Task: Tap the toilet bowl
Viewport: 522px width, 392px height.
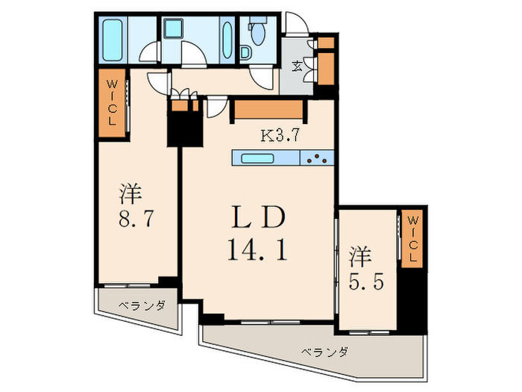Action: pyautogui.click(x=258, y=33)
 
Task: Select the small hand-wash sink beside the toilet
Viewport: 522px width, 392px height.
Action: pyautogui.click(x=246, y=52)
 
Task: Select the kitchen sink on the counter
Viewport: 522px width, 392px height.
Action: pyautogui.click(x=257, y=158)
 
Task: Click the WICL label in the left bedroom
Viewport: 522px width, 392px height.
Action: pyautogui.click(x=110, y=103)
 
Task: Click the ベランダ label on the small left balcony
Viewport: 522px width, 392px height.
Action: pyautogui.click(x=142, y=306)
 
